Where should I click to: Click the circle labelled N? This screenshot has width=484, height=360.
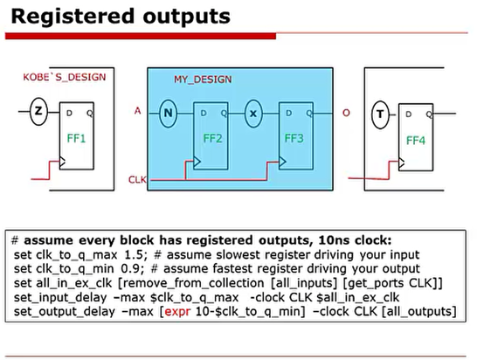[x=169, y=112]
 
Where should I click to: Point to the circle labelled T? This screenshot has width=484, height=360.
[x=380, y=113]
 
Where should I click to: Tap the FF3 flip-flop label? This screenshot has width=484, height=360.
[x=295, y=138]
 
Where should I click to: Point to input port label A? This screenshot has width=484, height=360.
[x=138, y=111]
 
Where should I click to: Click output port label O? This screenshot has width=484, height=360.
[x=348, y=112]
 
